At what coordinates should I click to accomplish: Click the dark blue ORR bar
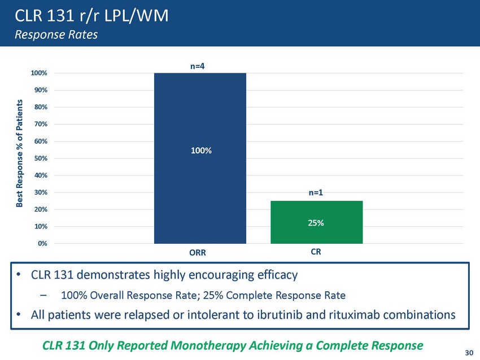click(x=199, y=113)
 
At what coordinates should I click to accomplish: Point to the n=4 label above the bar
click(x=197, y=66)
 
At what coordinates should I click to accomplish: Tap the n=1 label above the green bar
click(x=316, y=193)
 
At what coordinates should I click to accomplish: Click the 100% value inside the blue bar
click(x=200, y=151)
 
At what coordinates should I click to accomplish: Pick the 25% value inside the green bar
click(x=316, y=223)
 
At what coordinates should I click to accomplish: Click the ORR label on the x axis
click(x=198, y=253)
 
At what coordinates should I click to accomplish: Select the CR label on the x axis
click(x=316, y=253)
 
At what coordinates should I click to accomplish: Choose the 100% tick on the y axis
click(x=39, y=73)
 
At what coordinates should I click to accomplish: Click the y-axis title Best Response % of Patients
click(x=20, y=153)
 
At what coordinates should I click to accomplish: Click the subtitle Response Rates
click(x=56, y=34)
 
